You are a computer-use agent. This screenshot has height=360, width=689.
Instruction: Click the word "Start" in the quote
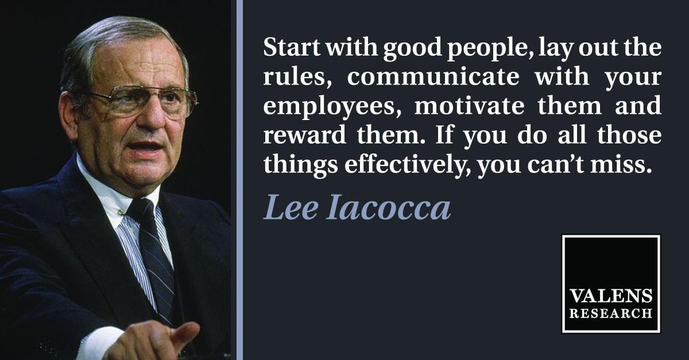coord(291,47)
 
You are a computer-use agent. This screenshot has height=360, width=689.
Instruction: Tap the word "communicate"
coord(433,76)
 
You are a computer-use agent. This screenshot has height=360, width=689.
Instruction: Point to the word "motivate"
coord(470,106)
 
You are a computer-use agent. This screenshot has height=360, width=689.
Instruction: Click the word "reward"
coord(304,135)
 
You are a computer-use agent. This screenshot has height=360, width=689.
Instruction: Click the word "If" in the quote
coord(444,135)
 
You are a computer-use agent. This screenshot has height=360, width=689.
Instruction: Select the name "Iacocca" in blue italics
coord(389,208)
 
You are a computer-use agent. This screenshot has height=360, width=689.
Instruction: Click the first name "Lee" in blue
coord(290,208)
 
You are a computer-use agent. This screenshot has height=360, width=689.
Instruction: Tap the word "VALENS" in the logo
coord(610,296)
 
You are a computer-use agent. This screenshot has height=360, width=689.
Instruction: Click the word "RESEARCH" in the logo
coord(610,313)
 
